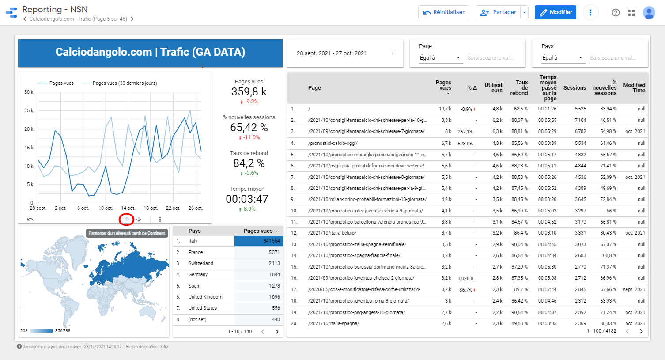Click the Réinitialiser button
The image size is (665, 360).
pyautogui.click(x=443, y=12)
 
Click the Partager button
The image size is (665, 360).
pyautogui.click(x=499, y=12)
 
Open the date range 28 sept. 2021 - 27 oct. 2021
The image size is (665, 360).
pyautogui.click(x=345, y=53)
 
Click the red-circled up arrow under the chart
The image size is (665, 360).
pyautogui.click(x=127, y=219)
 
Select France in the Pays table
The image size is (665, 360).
pyautogui.click(x=196, y=252)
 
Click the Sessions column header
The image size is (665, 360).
pyautogui.click(x=574, y=88)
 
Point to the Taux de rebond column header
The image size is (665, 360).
pyautogui.click(x=519, y=88)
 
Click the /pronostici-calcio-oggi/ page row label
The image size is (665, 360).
pyautogui.click(x=333, y=143)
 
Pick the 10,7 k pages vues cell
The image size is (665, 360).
pyautogui.click(x=445, y=109)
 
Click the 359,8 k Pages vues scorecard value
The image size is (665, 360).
pyautogui.click(x=249, y=92)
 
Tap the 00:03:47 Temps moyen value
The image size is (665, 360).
pyautogui.click(x=247, y=199)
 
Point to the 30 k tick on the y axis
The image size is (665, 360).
pyautogui.click(x=28, y=92)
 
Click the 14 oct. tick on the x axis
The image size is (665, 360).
pyautogui.click(x=128, y=208)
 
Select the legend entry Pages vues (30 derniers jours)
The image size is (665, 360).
pyautogui.click(x=125, y=83)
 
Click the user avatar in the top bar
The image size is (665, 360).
pyautogui.click(x=649, y=12)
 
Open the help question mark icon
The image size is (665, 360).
pyautogui.click(x=616, y=12)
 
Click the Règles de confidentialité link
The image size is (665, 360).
pyautogui.click(x=147, y=347)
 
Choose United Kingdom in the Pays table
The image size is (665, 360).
pyautogui.click(x=205, y=297)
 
